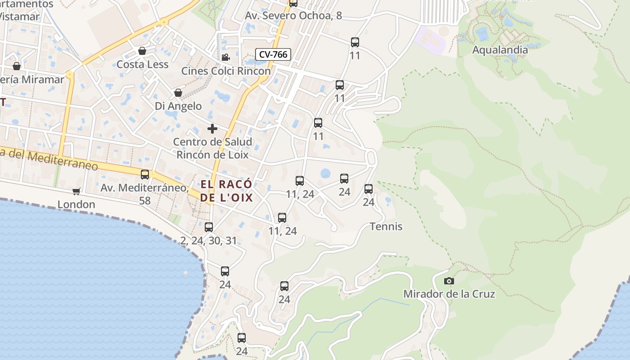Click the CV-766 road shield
(x=273, y=54)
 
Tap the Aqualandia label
(x=499, y=50)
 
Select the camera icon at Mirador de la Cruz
(x=449, y=281)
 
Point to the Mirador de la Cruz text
(x=449, y=294)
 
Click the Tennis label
(x=386, y=226)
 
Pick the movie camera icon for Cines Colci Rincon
(x=225, y=58)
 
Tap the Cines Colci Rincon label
(x=226, y=71)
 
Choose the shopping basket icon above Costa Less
(x=142, y=51)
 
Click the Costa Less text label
(x=142, y=64)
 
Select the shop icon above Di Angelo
(x=178, y=93)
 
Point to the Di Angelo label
(x=178, y=106)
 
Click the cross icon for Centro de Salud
(x=212, y=129)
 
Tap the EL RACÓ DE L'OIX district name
(x=226, y=191)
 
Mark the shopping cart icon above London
(x=76, y=191)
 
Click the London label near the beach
(x=76, y=204)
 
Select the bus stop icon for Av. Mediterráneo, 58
(x=145, y=175)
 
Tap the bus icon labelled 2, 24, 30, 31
(x=209, y=227)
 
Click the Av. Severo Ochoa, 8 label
(x=293, y=16)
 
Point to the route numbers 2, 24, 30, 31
(x=208, y=241)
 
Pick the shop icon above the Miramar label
(x=17, y=66)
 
